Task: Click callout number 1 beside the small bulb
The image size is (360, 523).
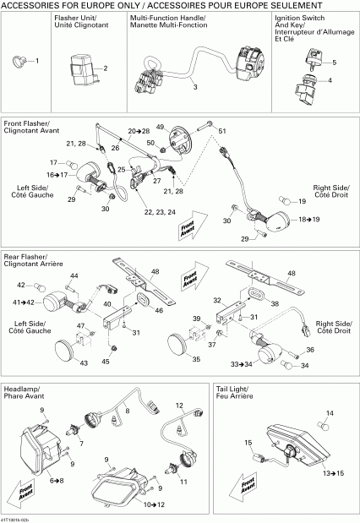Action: coord(36,61)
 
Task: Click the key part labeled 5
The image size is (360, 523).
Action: coord(330,81)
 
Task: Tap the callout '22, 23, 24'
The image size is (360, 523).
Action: coord(161,211)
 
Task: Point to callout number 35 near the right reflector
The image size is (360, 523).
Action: coord(196,359)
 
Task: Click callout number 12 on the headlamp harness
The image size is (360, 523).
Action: coord(179,406)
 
